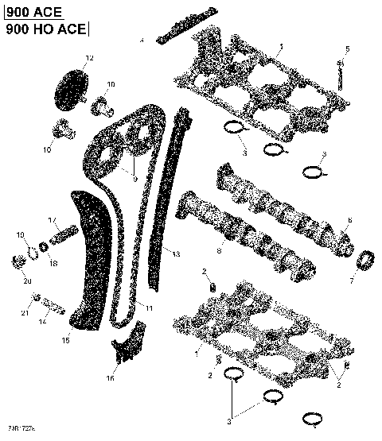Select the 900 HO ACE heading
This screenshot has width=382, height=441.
coord(44,29)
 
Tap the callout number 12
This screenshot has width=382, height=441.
coord(89,59)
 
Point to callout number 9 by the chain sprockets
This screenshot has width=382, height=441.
coord(135,180)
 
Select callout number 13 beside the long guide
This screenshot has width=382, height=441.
coord(176,254)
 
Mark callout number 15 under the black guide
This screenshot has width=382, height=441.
coord(66,340)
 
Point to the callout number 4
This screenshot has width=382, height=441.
coord(142,40)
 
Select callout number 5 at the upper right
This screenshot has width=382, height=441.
coord(347,50)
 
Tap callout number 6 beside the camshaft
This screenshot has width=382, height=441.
coord(348,220)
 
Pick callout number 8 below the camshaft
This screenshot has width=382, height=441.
coord(220,253)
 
